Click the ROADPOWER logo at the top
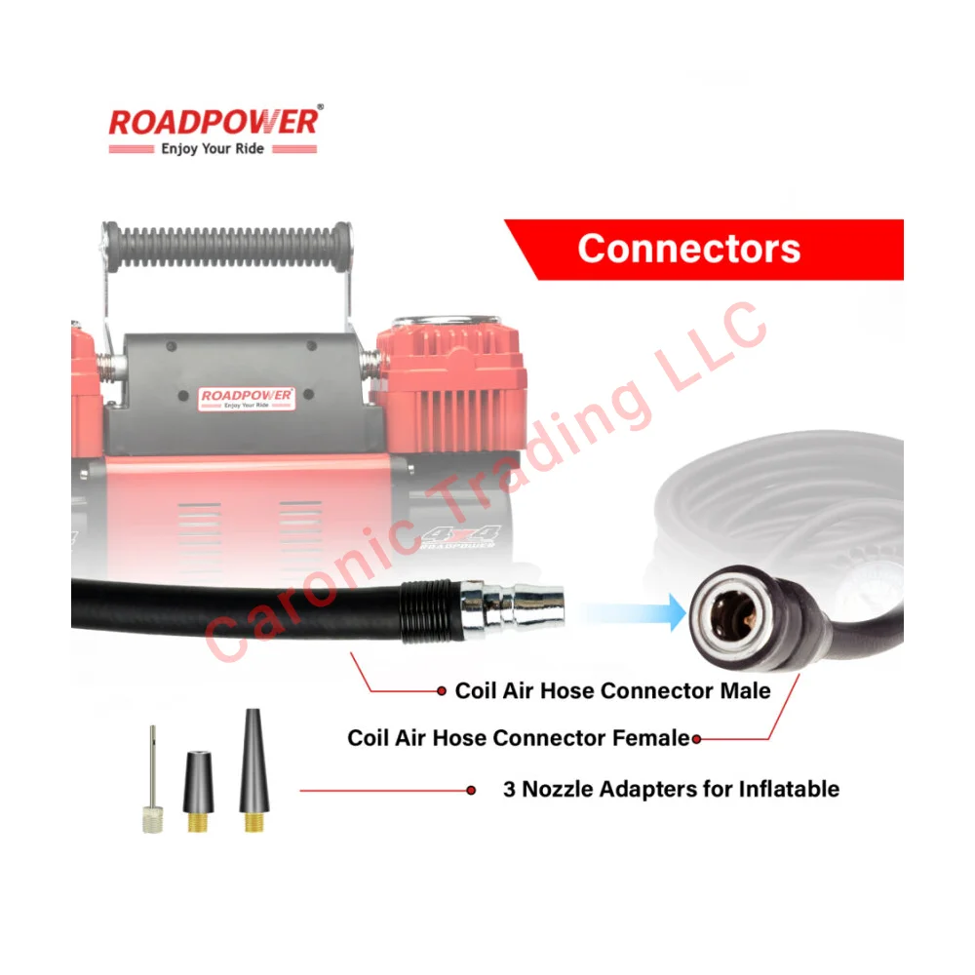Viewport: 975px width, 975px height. coord(213,122)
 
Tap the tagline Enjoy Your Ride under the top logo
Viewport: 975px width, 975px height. coord(212,149)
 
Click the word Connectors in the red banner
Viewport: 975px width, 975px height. coord(688,249)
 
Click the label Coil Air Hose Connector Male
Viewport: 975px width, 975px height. coord(612,691)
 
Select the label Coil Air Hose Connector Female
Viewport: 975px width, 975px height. coord(519,738)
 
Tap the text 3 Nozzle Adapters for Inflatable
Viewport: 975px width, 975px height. coord(671,789)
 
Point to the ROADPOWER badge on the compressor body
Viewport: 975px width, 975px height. coord(247,397)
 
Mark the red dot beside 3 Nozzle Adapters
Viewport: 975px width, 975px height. coord(471,791)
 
